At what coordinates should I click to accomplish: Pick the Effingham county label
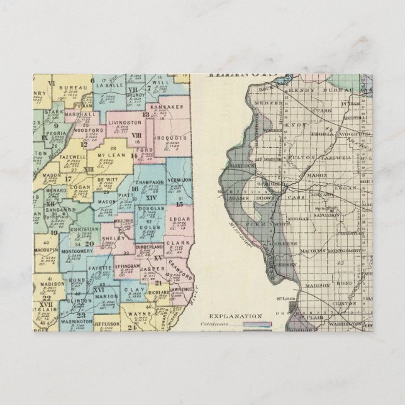pos(138,266)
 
